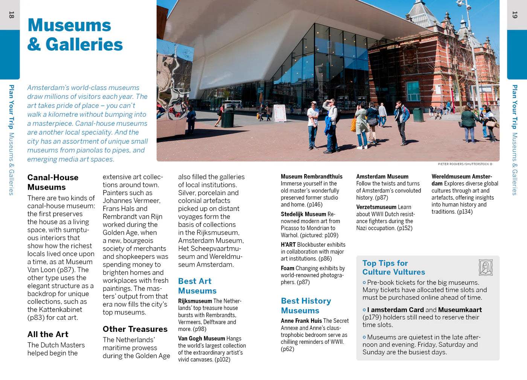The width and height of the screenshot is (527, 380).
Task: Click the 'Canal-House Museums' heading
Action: (53, 182)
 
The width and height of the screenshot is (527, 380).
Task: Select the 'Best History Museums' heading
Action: (306, 306)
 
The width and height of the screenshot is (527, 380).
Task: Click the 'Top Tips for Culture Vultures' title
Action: (393, 268)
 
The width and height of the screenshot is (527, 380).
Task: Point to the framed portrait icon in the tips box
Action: (485, 268)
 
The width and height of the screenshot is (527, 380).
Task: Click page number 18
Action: (11, 15)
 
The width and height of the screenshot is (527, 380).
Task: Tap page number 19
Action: (515, 15)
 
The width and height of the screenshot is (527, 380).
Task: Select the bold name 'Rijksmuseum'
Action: (195, 301)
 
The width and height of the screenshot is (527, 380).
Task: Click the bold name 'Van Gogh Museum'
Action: (201, 339)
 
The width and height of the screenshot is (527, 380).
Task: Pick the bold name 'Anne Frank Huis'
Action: (301, 321)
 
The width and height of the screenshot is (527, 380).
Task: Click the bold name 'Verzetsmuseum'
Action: (376, 207)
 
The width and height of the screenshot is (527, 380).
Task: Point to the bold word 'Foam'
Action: (287, 268)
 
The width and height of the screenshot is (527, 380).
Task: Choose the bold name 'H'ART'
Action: (288, 245)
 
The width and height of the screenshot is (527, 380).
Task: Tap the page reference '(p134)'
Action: (465, 212)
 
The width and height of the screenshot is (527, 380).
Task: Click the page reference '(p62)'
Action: (288, 349)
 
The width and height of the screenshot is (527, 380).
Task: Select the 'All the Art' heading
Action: (48, 334)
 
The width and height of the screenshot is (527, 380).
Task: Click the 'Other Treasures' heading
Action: (135, 329)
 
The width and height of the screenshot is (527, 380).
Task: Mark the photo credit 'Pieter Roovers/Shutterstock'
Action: (465, 164)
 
